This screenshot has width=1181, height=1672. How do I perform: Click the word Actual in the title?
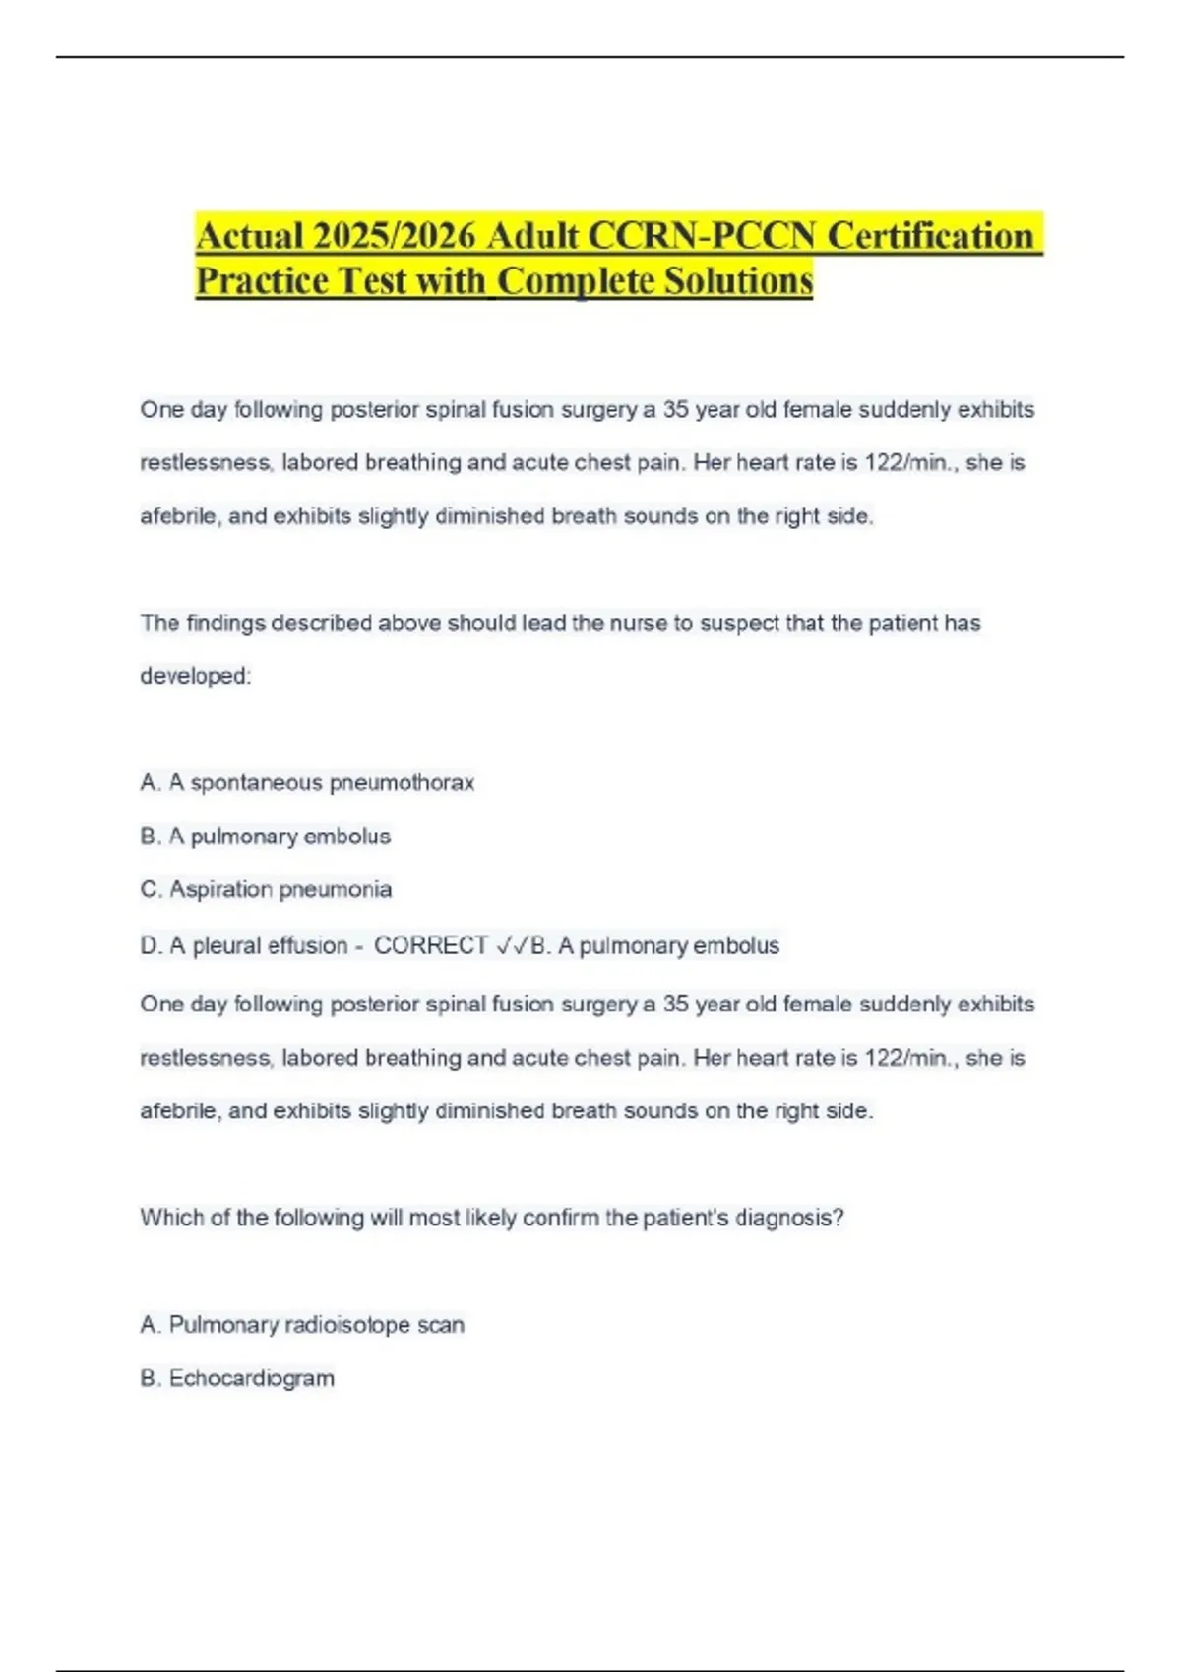click(x=249, y=237)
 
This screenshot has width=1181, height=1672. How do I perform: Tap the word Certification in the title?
click(x=930, y=237)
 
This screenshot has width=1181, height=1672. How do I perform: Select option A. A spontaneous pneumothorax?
click(x=307, y=783)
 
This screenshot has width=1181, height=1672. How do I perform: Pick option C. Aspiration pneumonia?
click(x=266, y=890)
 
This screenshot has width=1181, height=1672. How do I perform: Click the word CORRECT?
click(x=431, y=946)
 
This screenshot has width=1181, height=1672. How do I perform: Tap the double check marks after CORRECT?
click(x=512, y=946)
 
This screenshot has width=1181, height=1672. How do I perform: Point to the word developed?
click(x=196, y=677)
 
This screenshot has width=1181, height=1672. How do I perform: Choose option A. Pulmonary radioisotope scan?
click(x=302, y=1325)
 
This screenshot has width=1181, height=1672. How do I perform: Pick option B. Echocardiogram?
click(x=237, y=1378)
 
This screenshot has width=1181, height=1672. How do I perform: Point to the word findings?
click(x=225, y=624)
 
